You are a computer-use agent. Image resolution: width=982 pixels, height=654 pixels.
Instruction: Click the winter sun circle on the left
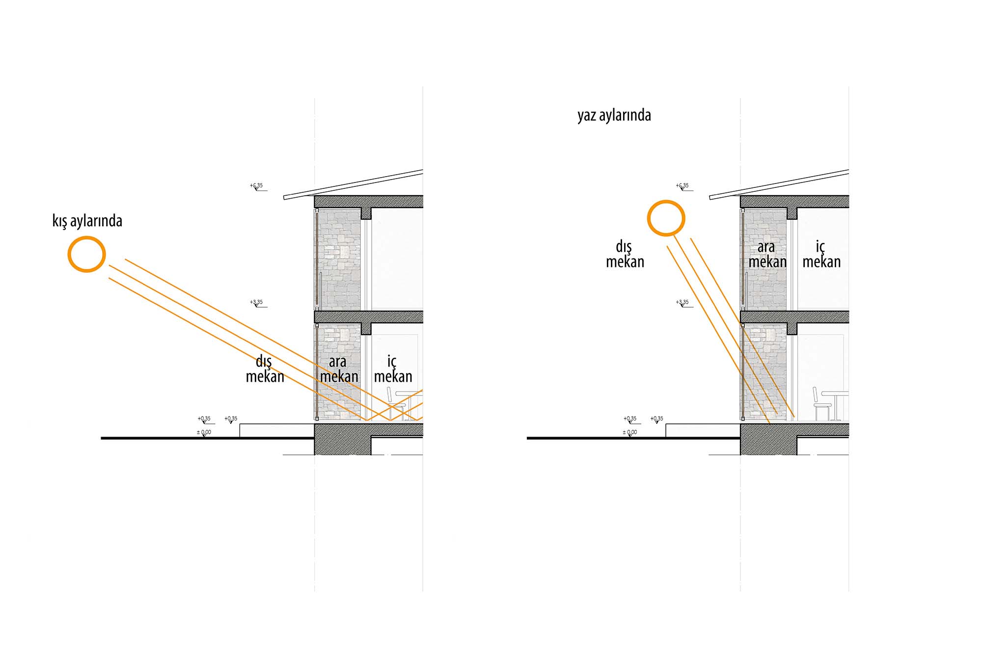click(86, 254)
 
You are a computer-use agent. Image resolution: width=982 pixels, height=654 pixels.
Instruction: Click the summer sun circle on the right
click(666, 218)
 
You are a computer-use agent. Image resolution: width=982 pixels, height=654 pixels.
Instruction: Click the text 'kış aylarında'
click(87, 221)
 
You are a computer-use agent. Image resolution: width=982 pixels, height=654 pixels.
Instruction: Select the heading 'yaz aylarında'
click(614, 115)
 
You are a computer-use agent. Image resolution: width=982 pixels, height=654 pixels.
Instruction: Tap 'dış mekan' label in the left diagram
click(265, 369)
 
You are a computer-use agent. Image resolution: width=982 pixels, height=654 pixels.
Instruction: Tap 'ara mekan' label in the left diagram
click(339, 369)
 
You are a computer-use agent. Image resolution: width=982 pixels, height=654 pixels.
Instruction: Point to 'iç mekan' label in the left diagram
click(393, 369)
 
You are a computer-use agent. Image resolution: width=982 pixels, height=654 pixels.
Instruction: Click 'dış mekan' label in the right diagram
click(625, 254)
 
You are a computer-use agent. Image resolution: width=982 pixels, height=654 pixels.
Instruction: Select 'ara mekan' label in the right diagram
click(767, 254)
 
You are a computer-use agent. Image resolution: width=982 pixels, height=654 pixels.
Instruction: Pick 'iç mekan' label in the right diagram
click(821, 254)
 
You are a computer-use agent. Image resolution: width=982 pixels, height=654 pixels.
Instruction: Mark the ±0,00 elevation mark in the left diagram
click(204, 433)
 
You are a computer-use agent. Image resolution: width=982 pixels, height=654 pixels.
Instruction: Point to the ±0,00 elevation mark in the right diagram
click(629, 433)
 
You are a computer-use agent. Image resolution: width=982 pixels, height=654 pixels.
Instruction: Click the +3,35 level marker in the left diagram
click(257, 303)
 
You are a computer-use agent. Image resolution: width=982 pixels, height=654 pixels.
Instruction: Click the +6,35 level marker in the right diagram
click(683, 186)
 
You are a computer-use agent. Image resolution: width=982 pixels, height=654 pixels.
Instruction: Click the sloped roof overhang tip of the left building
click(286, 197)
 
